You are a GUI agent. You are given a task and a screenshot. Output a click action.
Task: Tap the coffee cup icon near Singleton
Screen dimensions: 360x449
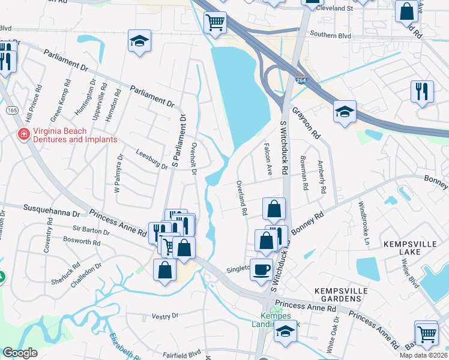(261, 268)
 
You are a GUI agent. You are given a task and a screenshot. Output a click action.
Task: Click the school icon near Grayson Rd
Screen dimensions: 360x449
(345, 111)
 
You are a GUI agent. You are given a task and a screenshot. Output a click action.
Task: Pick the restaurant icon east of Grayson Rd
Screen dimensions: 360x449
(423, 91)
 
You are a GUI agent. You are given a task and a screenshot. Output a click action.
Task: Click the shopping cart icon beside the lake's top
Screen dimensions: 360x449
(215, 23)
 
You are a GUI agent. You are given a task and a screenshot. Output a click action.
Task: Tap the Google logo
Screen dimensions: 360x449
(20, 353)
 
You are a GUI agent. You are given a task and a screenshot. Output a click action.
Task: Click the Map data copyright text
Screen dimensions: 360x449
(424, 355)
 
